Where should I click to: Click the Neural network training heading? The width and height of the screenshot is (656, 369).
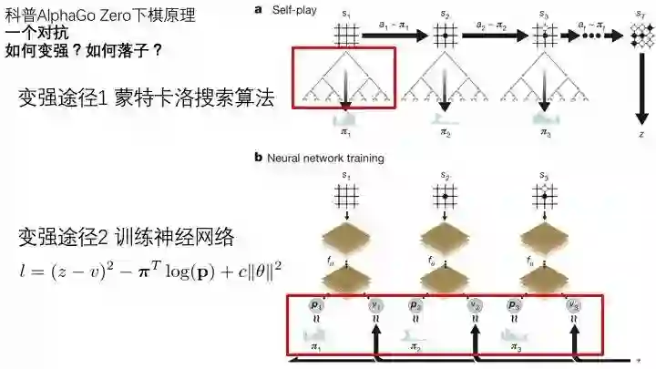(x=324, y=158)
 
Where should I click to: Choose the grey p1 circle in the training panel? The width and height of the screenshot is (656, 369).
(x=315, y=304)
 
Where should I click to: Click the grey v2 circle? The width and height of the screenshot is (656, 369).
(x=474, y=305)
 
